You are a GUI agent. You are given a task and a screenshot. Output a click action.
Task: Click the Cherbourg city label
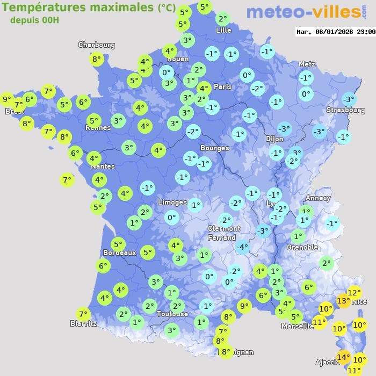(97, 45)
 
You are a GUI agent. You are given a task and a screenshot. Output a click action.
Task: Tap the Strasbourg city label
(345, 110)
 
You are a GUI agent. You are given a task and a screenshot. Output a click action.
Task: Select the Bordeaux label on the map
(119, 252)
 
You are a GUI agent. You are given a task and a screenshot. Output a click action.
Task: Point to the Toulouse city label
(172, 314)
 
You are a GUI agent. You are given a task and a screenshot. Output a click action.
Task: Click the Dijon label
(274, 139)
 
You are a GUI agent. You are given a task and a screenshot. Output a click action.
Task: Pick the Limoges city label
(172, 203)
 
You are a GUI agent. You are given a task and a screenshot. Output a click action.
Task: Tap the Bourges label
(214, 148)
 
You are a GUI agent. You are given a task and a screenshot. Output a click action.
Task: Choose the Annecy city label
(317, 198)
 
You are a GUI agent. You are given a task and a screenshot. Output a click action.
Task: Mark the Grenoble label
(302, 248)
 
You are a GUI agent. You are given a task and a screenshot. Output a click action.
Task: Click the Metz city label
(307, 64)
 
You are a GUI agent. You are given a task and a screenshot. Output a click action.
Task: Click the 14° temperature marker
(343, 357)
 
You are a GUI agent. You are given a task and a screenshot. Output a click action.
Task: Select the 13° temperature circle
(343, 301)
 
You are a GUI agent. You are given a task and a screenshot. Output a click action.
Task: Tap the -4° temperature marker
(243, 247)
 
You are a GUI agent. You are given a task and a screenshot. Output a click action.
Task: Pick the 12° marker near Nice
(354, 293)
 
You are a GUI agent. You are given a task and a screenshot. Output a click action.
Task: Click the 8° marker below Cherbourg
(96, 59)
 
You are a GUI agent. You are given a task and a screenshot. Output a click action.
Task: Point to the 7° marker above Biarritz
(83, 314)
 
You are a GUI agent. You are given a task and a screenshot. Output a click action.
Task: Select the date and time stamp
(336, 32)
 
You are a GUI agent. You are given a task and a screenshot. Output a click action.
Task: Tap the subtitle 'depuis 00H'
(34, 20)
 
